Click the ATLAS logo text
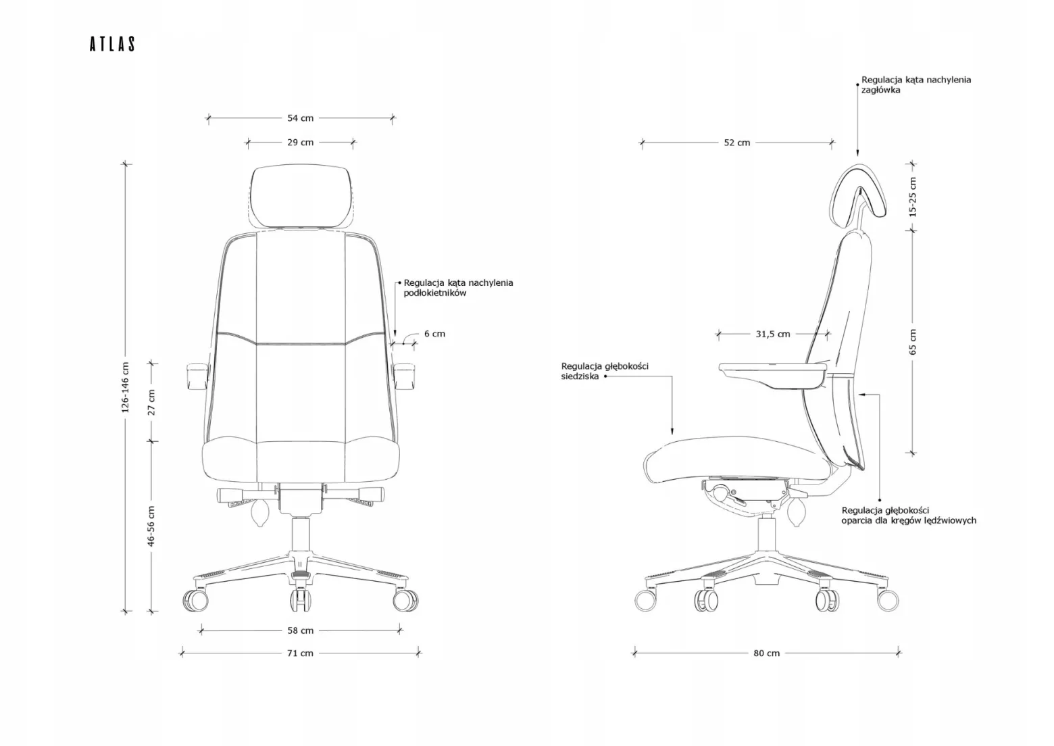point(112,44)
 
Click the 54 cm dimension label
point(300,118)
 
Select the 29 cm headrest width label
point(300,142)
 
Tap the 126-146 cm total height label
point(125,387)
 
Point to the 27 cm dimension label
point(151,403)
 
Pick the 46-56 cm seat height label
point(151,526)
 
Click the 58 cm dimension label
point(300,630)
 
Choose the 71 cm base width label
point(300,653)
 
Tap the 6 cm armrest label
point(434,334)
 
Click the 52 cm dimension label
point(737,143)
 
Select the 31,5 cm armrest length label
point(773,334)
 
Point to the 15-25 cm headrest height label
point(913,197)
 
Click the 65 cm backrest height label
point(913,342)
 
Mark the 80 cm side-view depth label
point(766,653)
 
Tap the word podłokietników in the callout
point(435,293)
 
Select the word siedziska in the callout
point(580,376)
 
